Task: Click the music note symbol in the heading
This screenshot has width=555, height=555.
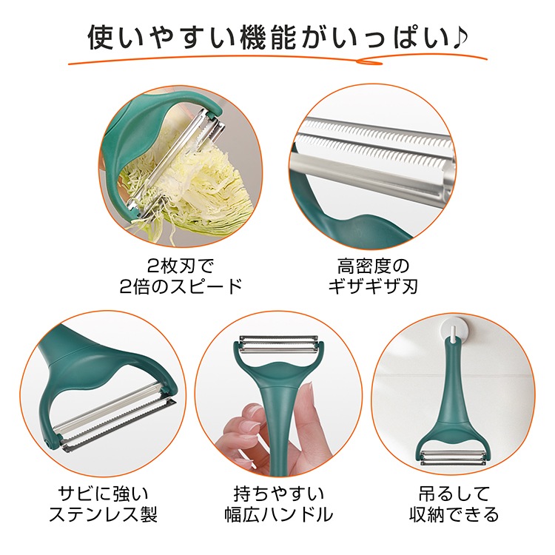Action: coord(458,36)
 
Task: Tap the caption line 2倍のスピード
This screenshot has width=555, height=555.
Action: coord(181,286)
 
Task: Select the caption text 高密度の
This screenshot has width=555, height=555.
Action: coord(373,266)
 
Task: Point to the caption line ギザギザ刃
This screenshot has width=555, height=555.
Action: coord(373,286)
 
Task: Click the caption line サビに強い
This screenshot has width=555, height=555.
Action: coord(103,493)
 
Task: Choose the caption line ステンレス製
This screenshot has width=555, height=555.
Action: coord(103,514)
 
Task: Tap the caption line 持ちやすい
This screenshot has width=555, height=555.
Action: coord(278,493)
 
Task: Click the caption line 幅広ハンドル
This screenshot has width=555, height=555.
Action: coord(278,514)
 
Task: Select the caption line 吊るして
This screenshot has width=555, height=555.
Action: coord(454,493)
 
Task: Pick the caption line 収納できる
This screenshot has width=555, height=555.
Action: coord(454,514)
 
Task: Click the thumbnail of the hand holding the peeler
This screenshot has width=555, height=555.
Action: coord(278,394)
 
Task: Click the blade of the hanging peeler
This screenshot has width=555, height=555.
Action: coord(454,457)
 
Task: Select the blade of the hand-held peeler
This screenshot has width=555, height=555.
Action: coord(278,344)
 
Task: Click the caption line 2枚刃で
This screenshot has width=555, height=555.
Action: coord(181,266)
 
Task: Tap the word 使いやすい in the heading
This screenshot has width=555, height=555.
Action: coord(161,37)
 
